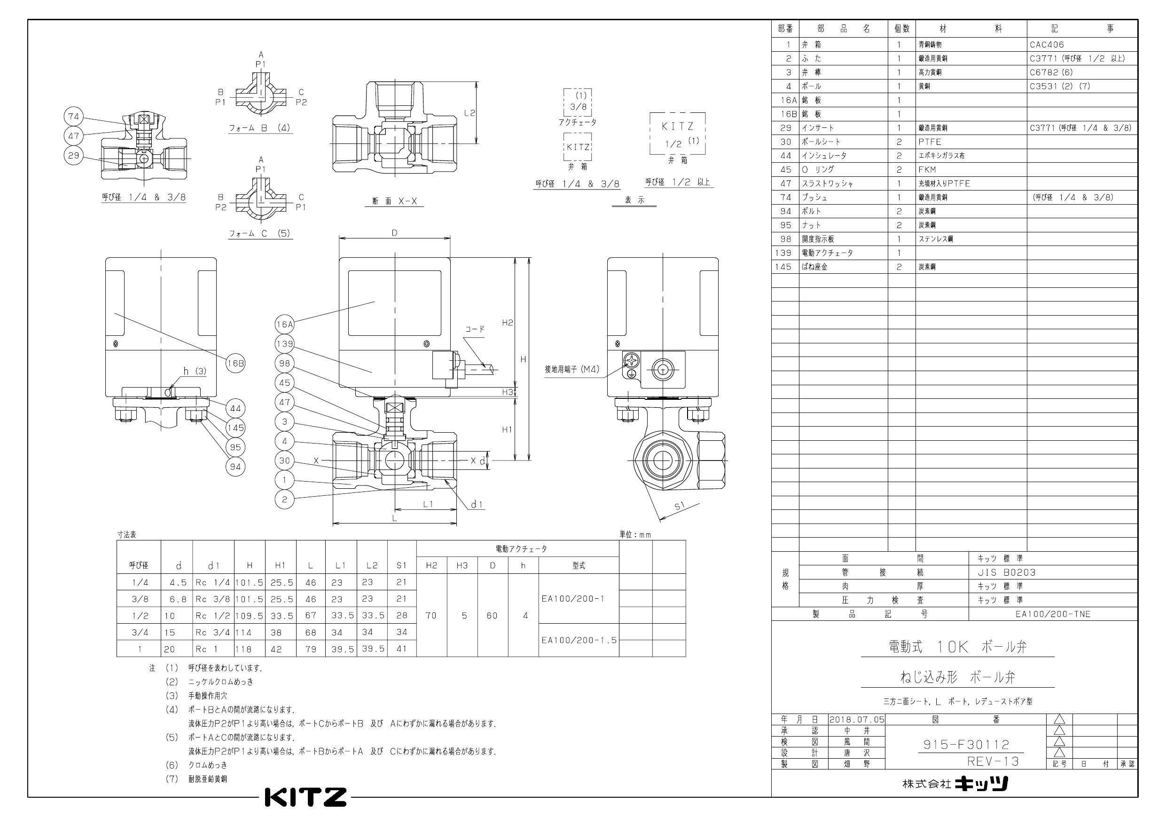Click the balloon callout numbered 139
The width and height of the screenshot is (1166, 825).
click(x=284, y=344)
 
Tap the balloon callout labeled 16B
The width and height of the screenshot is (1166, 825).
click(x=235, y=364)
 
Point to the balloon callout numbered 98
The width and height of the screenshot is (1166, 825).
click(x=284, y=364)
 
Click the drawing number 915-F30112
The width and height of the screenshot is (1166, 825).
click(x=966, y=745)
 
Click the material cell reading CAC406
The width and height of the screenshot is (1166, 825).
click(x=1047, y=45)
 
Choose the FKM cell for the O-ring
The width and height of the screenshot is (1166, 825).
click(x=927, y=169)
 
